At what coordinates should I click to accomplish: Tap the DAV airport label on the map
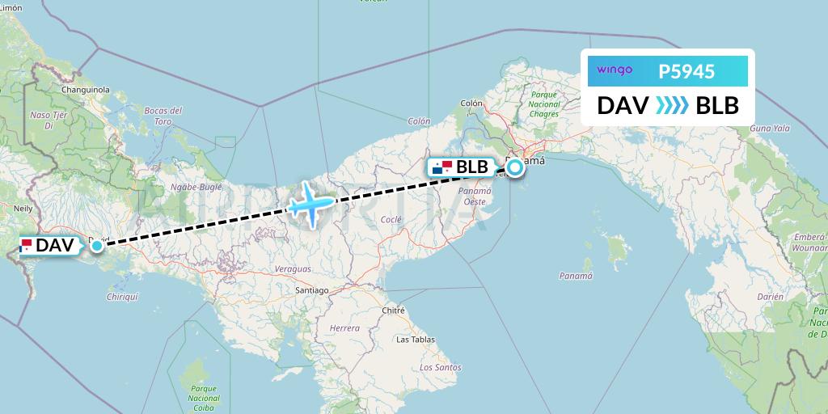(x=55, y=244)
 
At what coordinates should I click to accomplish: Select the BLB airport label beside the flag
(x=472, y=167)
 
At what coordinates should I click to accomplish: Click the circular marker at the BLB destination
(x=514, y=167)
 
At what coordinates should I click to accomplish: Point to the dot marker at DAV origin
(x=97, y=244)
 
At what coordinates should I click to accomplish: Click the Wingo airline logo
(x=615, y=70)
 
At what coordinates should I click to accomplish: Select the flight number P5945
(x=686, y=71)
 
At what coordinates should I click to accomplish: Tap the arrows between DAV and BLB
(x=672, y=106)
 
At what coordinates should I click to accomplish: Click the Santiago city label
(x=311, y=289)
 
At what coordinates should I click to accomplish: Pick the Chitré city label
(x=393, y=310)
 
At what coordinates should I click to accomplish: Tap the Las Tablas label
(x=414, y=340)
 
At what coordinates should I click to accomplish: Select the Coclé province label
(x=391, y=219)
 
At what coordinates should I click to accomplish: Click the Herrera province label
(x=344, y=328)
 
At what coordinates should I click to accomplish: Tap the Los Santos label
(x=441, y=367)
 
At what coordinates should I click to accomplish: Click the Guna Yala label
(x=769, y=128)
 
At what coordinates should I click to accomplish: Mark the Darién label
(x=771, y=297)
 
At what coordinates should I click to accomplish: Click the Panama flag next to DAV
(x=27, y=244)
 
